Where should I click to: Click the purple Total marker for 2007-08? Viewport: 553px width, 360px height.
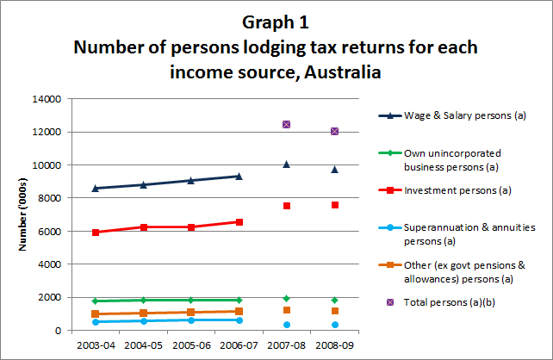pos(286,125)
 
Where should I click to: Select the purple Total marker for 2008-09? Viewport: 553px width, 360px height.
pos(334,131)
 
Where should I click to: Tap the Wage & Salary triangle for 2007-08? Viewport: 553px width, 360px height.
pos(286,164)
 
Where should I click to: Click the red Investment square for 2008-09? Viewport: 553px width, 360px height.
pos(334,205)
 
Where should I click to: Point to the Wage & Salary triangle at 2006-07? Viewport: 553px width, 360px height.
pos(239,176)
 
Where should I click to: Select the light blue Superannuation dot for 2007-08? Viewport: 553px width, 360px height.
pos(286,325)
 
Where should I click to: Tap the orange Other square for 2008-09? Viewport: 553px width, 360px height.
pos(334,311)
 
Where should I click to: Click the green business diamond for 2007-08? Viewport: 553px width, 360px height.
pos(286,299)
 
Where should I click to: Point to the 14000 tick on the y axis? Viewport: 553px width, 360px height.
pos(45,99)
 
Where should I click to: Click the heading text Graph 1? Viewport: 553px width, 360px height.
pos(276,22)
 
